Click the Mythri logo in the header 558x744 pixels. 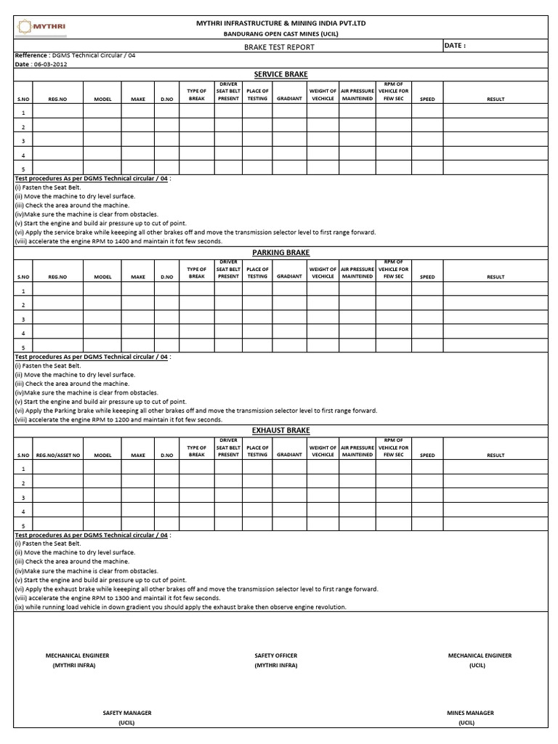pyautogui.click(x=42, y=27)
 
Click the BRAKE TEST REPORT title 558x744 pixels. pyautogui.click(x=280, y=46)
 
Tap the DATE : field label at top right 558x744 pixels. pyautogui.click(x=455, y=45)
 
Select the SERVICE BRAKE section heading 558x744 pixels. pyautogui.click(x=280, y=75)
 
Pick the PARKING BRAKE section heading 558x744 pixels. pyautogui.click(x=280, y=252)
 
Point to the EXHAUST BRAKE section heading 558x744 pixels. pyautogui.click(x=280, y=430)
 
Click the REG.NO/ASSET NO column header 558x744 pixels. pyautogui.click(x=57, y=455)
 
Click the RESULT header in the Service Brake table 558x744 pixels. pyautogui.click(x=496, y=99)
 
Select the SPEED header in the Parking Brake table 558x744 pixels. pyautogui.click(x=427, y=277)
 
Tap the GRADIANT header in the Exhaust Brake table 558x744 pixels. pyautogui.click(x=289, y=455)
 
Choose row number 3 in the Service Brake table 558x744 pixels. pyautogui.click(x=23, y=141)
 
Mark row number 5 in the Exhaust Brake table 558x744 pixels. pyautogui.click(x=23, y=526)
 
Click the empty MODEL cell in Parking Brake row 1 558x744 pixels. pyautogui.click(x=102, y=291)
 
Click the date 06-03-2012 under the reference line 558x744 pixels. pyautogui.click(x=48, y=64)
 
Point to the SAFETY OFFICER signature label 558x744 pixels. pyautogui.click(x=275, y=655)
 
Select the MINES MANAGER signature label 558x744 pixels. pyautogui.click(x=470, y=713)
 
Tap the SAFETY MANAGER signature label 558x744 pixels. pyautogui.click(x=127, y=713)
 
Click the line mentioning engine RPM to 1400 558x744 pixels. pyautogui.click(x=118, y=241)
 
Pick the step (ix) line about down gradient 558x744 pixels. pyautogui.click(x=180, y=607)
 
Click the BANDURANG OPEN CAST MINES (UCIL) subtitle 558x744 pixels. pyautogui.click(x=280, y=34)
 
